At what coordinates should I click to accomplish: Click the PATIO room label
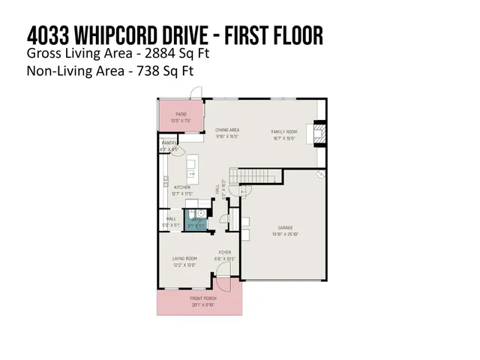(171, 115)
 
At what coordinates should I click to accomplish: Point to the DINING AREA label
(226, 129)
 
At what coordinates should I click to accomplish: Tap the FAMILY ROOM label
(284, 131)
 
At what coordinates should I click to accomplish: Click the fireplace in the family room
(320, 134)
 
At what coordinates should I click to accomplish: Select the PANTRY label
(168, 142)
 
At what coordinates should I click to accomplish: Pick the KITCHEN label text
(182, 187)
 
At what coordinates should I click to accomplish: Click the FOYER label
(224, 252)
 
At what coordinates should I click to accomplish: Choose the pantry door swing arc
(176, 151)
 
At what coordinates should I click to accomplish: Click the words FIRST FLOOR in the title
(277, 35)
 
